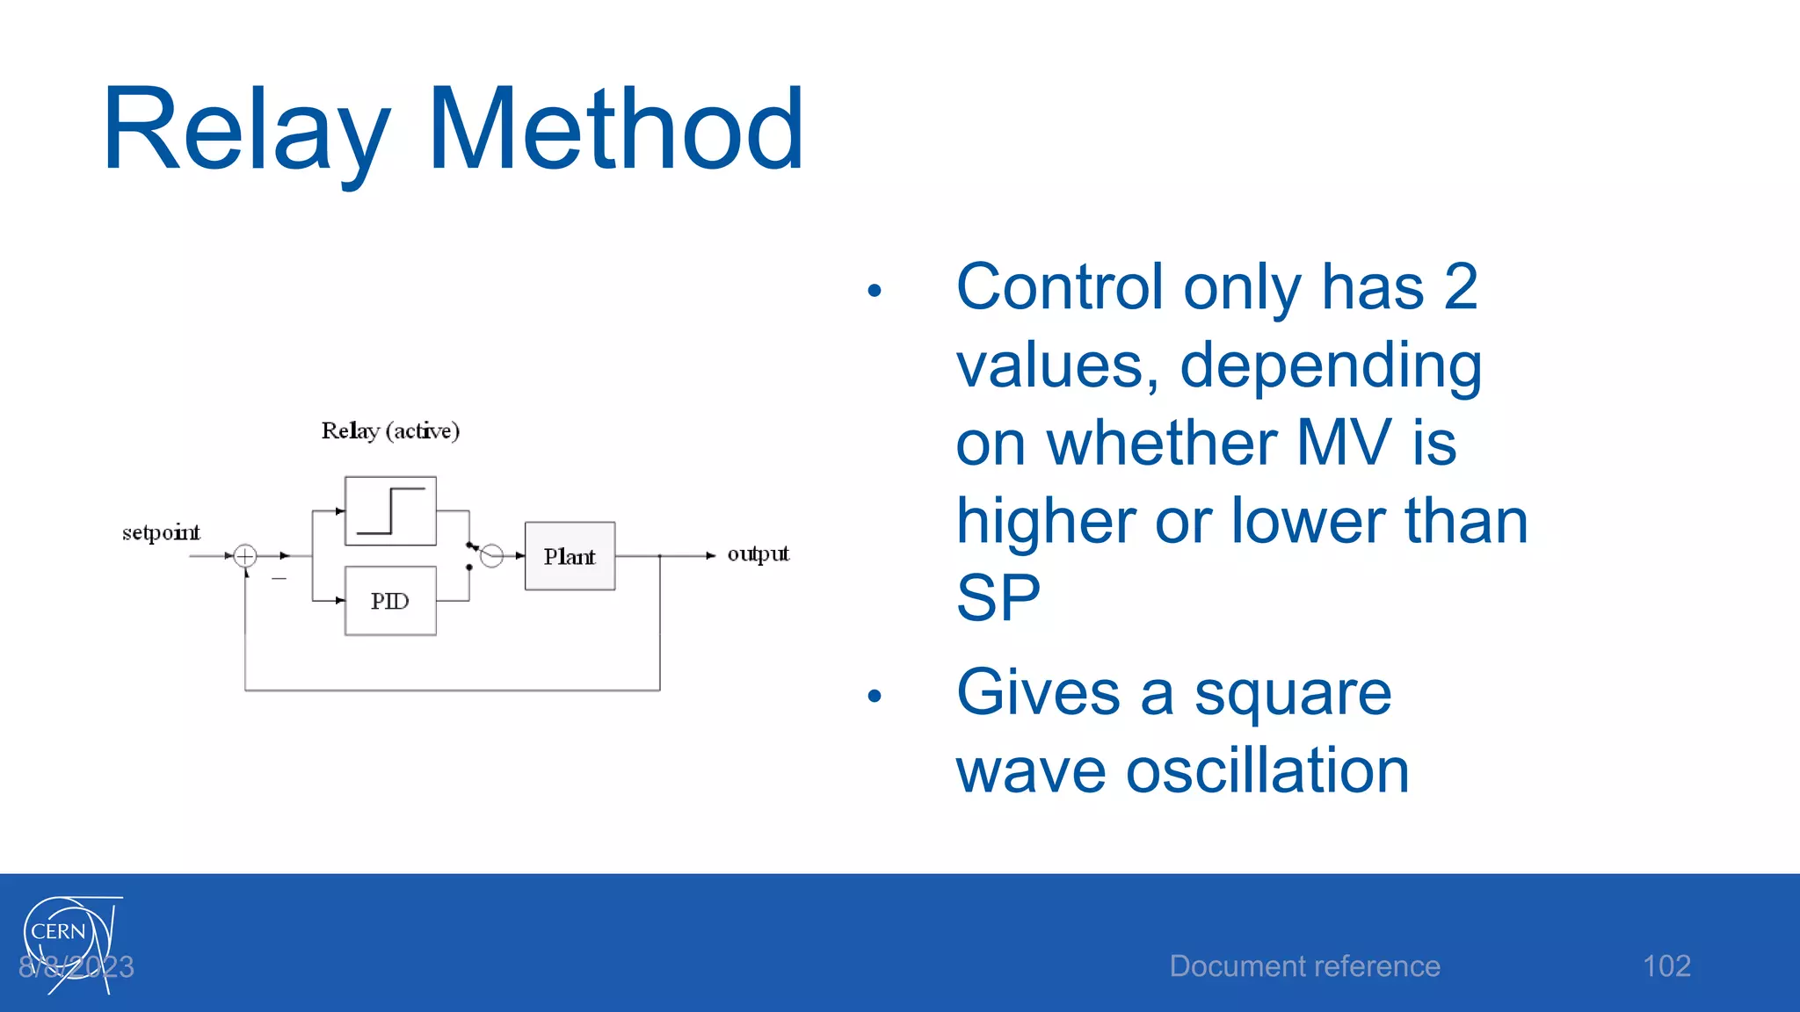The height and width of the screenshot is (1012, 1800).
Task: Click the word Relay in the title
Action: point(246,132)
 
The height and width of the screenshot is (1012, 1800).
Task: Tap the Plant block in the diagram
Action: point(570,556)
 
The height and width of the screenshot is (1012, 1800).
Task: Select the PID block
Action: point(390,601)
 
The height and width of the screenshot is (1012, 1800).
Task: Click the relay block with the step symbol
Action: point(390,511)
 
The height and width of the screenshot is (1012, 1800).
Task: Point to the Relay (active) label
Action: point(390,430)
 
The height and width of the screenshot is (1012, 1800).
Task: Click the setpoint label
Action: point(161,532)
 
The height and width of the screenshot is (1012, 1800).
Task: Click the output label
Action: point(758,553)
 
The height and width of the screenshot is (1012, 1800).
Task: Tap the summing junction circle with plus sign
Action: point(245,555)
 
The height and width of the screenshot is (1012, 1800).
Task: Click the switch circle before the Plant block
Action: point(492,555)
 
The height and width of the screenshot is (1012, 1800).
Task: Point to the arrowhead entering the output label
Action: point(710,555)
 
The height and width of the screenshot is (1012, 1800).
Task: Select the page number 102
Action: point(1666,966)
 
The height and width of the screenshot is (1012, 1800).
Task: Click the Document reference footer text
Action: point(1304,966)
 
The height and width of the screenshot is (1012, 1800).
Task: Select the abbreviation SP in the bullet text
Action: point(998,597)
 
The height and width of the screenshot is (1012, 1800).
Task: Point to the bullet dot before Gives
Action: point(874,696)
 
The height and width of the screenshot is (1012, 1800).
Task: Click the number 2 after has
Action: point(1461,286)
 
